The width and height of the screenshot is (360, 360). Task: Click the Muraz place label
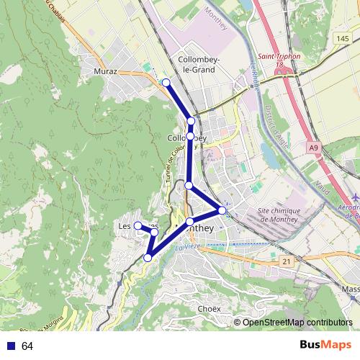click(105, 72)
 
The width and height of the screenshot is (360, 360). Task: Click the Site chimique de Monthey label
click(277, 215)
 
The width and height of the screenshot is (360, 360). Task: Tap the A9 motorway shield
click(313, 148)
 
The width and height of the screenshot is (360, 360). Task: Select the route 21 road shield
click(287, 261)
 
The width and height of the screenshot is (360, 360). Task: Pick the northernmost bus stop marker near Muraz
click(166, 83)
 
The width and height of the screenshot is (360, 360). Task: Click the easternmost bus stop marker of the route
click(222, 210)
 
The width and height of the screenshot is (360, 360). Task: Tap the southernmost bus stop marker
click(148, 257)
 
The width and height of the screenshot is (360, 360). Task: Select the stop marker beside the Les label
click(138, 226)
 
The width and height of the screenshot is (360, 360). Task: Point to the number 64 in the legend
click(27, 346)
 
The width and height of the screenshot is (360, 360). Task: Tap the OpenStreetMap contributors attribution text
click(297, 323)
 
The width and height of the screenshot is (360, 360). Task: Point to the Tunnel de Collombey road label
click(173, 162)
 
